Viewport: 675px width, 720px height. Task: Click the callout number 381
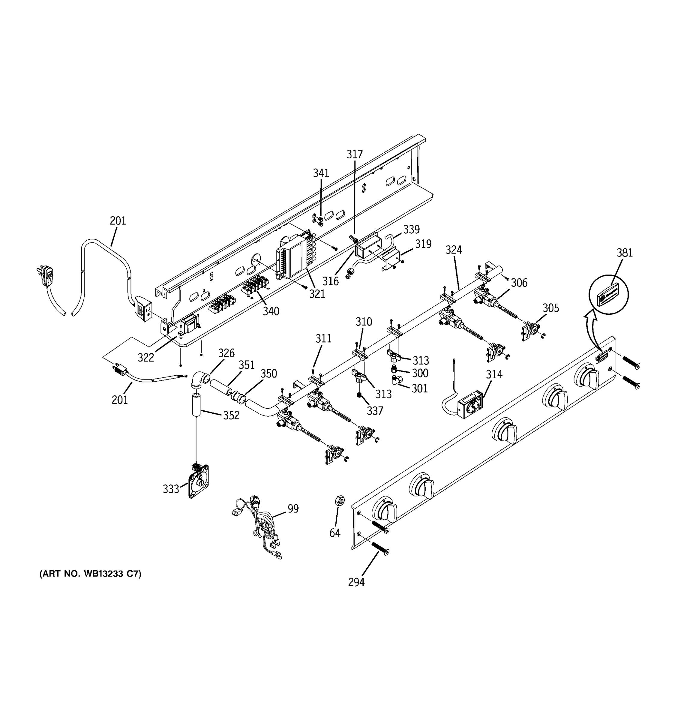[625, 253]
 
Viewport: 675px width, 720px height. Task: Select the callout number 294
[356, 582]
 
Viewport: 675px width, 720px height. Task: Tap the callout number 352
[231, 415]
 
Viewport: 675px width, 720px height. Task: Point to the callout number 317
[355, 154]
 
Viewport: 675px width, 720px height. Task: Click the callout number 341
[321, 173]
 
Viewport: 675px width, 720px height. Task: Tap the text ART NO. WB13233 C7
[90, 574]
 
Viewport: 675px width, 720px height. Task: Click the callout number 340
[271, 311]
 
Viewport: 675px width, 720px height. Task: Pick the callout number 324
[454, 250]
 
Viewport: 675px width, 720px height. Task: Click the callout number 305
[550, 308]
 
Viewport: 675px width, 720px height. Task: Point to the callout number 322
[146, 358]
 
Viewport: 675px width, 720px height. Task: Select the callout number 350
[269, 374]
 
